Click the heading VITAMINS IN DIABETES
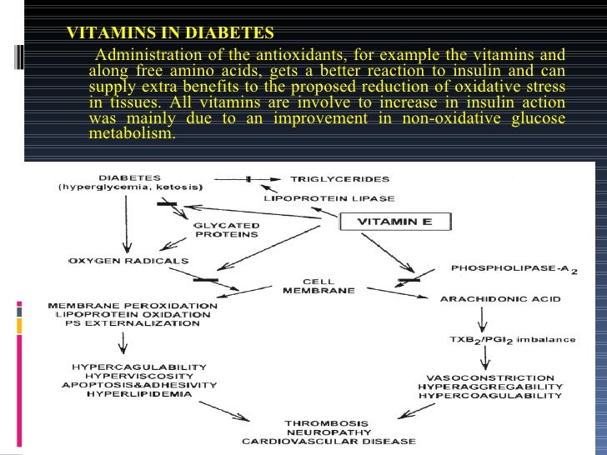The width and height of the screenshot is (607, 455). (169, 33)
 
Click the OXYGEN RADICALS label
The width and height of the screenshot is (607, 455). (129, 261)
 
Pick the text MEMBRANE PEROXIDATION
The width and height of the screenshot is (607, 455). (133, 306)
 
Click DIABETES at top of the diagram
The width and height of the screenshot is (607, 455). (130, 177)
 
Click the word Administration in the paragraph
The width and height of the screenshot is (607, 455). (143, 55)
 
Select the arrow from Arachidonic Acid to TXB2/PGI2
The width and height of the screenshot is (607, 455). (481, 317)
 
